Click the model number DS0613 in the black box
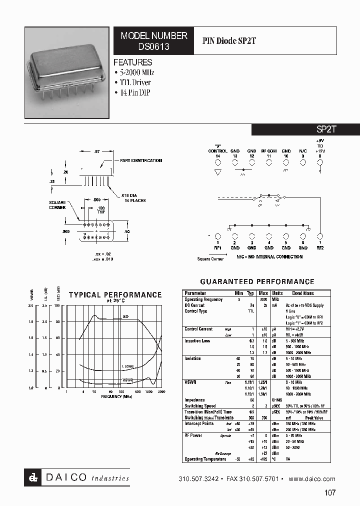pos(153,46)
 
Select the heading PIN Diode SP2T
pos(229,41)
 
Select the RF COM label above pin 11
pos(268,151)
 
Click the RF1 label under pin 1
pos(217,247)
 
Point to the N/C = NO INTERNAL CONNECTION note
pos(269,257)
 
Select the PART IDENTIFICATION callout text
pos(141,160)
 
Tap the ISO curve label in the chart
pos(125,316)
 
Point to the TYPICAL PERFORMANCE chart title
pos(115,295)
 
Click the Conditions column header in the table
pos(303,293)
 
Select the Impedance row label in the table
pos(194,400)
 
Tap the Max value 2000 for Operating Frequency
pos(263,299)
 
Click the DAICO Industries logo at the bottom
pos(77,478)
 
